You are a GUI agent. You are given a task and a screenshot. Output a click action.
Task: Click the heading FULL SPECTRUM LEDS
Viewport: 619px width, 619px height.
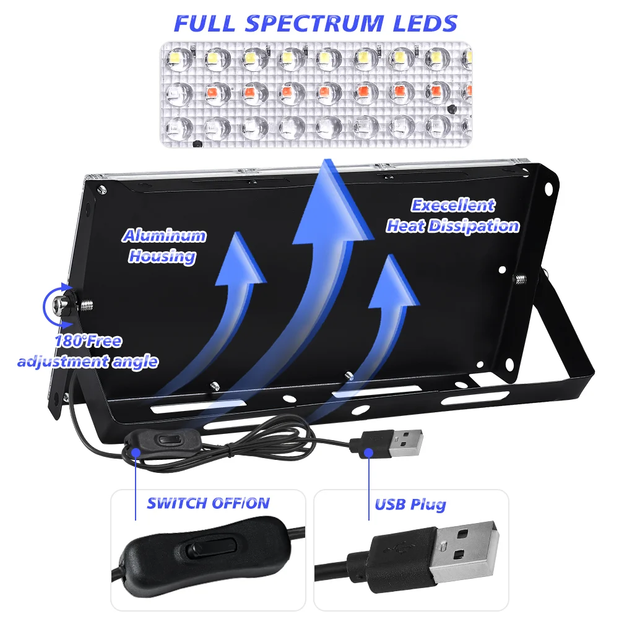(x=316, y=23)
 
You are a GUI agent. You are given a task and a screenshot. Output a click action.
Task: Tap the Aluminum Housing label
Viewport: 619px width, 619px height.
(x=163, y=246)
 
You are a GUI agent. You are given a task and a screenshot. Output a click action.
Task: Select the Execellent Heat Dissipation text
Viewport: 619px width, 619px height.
(x=453, y=215)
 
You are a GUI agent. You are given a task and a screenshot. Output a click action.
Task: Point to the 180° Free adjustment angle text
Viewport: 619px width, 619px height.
(x=87, y=351)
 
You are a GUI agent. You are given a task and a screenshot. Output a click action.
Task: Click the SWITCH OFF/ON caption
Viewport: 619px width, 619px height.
(x=208, y=503)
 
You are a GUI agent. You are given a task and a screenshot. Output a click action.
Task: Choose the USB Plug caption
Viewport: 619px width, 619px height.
(x=410, y=504)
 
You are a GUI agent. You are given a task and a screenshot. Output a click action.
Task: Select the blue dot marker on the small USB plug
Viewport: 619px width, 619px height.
(x=369, y=452)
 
